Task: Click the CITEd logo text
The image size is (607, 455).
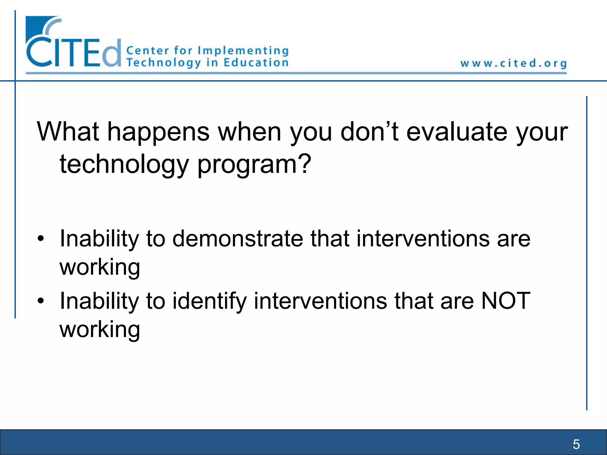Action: tap(74, 52)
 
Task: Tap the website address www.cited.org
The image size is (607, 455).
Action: tap(513, 63)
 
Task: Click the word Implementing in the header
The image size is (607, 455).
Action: tap(243, 51)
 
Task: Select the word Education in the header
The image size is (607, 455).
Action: tap(256, 63)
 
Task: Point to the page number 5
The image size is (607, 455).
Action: tap(576, 444)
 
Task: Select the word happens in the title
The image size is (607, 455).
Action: tap(158, 132)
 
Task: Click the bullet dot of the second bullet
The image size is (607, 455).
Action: tap(41, 301)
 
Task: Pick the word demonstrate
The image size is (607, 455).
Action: tap(238, 238)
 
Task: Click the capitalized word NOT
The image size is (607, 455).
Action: tap(506, 301)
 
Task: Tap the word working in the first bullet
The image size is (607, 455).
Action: tap(100, 267)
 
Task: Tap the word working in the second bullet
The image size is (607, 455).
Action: tap(100, 329)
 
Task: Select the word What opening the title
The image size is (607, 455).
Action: tap(68, 132)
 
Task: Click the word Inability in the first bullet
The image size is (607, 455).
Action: tap(99, 238)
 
